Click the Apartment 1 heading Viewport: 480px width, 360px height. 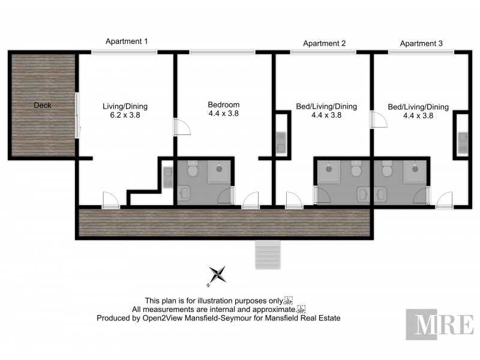(x=127, y=41)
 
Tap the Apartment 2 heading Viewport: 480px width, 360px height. (x=324, y=43)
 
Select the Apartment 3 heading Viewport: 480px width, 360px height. (x=421, y=43)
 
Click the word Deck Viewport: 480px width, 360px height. (x=43, y=106)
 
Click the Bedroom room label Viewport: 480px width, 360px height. (x=223, y=104)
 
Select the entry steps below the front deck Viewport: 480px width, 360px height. (x=268, y=254)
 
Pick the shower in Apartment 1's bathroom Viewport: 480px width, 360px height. (x=220, y=173)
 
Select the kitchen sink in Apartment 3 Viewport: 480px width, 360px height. (x=461, y=141)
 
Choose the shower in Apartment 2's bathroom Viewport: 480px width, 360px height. (x=329, y=173)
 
